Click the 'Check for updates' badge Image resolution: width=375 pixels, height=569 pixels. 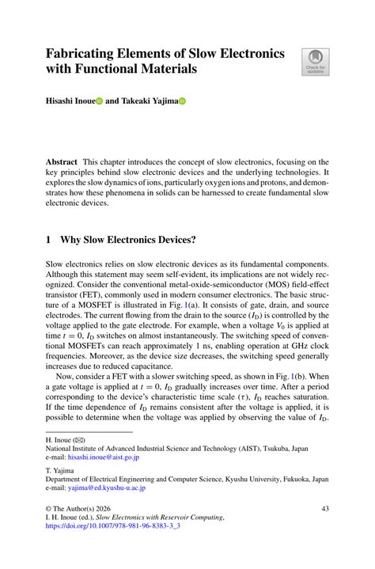316,62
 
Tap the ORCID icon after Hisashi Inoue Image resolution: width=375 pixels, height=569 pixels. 100,101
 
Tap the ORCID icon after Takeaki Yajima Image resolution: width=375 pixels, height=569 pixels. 180,101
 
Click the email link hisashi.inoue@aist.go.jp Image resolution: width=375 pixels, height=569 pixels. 103,457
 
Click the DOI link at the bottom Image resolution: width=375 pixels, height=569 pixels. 113,525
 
